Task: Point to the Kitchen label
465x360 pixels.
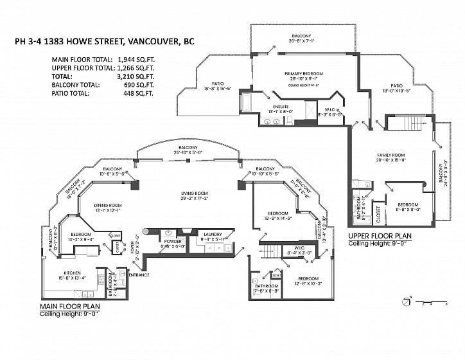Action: tap(71, 273)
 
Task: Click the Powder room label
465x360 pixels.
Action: tap(172, 240)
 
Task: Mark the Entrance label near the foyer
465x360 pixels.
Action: tap(139, 275)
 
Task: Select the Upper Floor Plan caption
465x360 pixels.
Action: tap(379, 235)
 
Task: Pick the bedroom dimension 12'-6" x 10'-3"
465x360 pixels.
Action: tap(308, 283)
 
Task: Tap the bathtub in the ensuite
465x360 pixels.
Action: tap(247, 103)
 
